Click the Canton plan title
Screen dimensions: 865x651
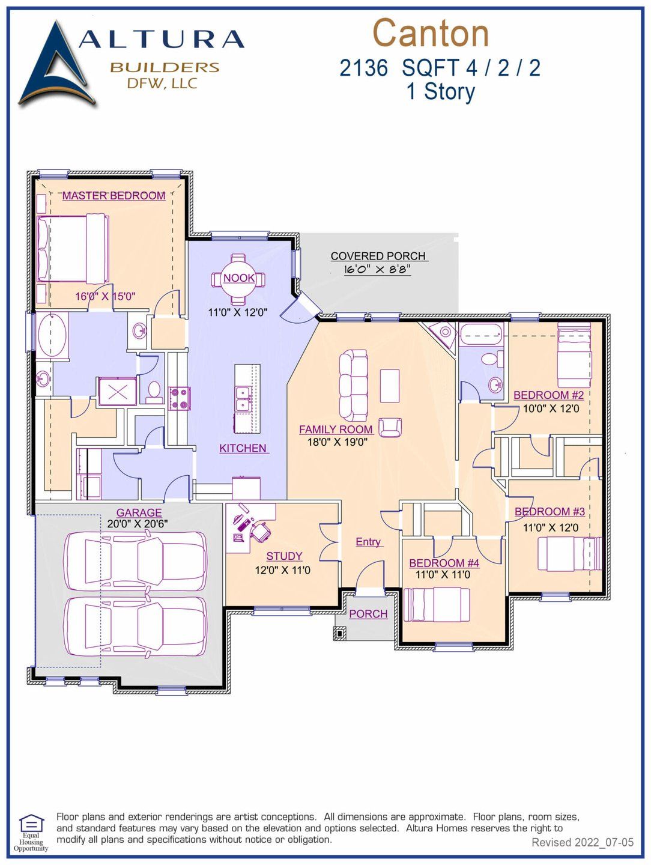(x=431, y=33)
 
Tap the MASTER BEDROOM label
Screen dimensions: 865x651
(x=114, y=196)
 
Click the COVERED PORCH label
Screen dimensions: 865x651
(x=378, y=256)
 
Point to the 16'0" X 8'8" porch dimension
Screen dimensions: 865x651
(x=377, y=270)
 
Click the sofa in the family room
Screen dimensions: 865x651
(x=353, y=385)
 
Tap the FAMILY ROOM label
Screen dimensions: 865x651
(x=336, y=429)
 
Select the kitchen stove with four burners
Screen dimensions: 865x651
(x=179, y=398)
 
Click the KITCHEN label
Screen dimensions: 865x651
(x=243, y=448)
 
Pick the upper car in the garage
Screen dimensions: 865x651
(x=135, y=560)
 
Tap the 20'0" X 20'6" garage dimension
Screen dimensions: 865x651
(x=138, y=524)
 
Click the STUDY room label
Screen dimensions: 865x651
(x=284, y=556)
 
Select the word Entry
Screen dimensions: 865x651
(x=368, y=542)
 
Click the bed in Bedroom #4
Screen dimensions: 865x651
(x=437, y=604)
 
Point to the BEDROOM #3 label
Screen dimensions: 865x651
(x=550, y=512)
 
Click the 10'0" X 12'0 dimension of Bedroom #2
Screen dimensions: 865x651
(x=551, y=409)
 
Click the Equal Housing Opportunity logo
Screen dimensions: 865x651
(x=31, y=832)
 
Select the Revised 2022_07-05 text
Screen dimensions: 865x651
(x=582, y=842)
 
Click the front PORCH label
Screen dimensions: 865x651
(x=368, y=614)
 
